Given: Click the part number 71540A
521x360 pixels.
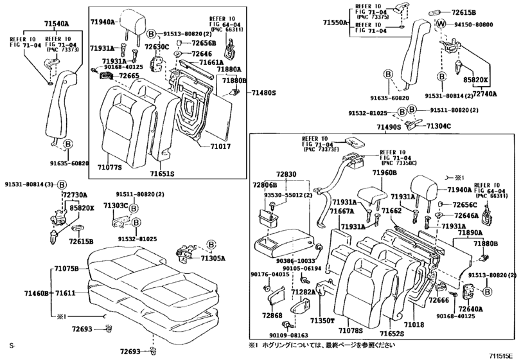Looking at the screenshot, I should click(x=56, y=24).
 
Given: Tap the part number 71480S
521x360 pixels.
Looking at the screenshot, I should click(x=262, y=93).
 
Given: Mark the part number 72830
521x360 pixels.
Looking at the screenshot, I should click(x=287, y=174).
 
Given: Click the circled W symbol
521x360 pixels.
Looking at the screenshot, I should click(x=441, y=24).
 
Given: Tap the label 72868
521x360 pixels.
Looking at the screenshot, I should click(x=272, y=316).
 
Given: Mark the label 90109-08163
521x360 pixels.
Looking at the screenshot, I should click(x=283, y=335).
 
